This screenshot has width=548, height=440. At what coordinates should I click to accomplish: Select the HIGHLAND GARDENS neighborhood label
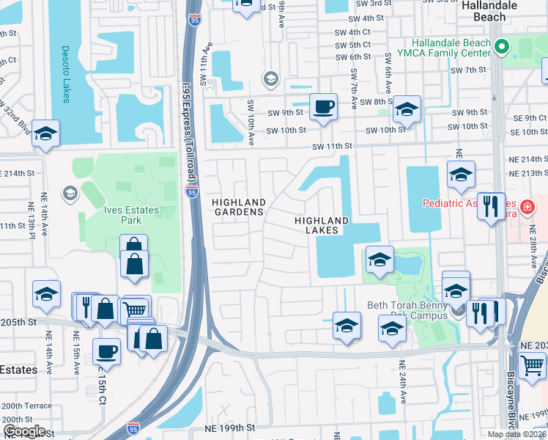click(x=238, y=207)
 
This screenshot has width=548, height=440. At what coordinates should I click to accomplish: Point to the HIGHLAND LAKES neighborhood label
click(x=322, y=225)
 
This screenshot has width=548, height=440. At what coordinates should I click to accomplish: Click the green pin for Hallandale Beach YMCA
click(x=501, y=48)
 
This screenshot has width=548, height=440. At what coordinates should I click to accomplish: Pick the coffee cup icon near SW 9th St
click(x=323, y=107)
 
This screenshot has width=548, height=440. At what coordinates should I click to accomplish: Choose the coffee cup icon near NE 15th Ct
click(x=106, y=351)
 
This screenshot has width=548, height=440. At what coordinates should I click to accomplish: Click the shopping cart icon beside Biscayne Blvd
click(x=531, y=365)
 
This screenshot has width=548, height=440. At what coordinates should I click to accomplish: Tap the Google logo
click(x=24, y=432)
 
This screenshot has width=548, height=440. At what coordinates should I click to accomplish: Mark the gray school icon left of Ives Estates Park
click(x=70, y=194)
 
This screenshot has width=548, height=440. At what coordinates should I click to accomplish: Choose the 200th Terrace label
click(x=26, y=406)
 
